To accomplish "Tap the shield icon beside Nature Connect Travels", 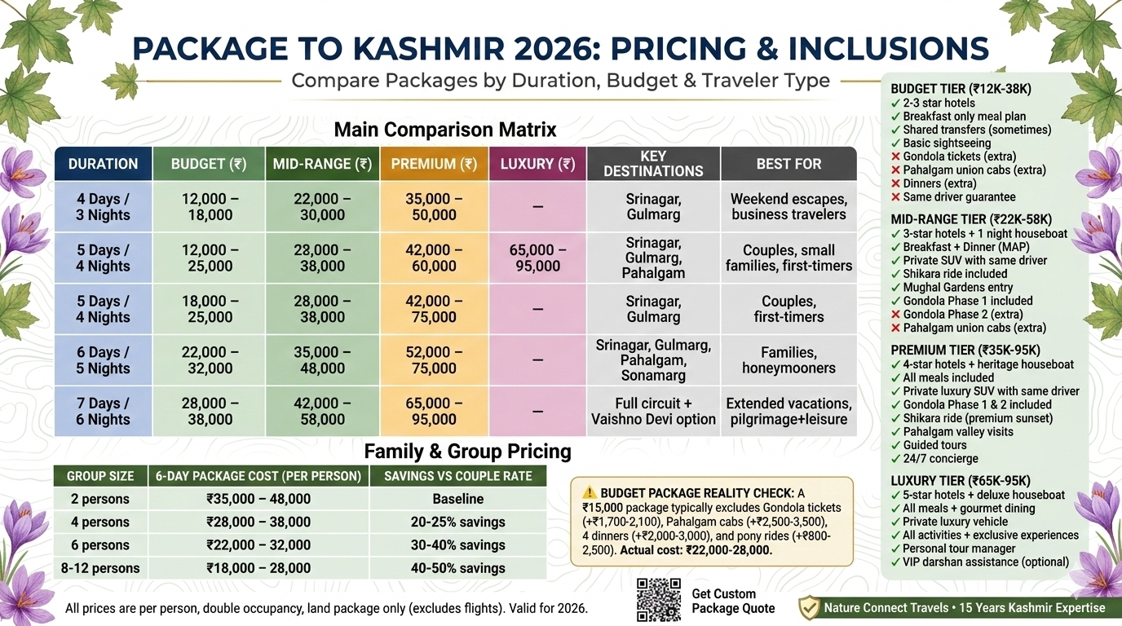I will pos(808,607).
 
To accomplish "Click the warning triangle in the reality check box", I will pos(590,492).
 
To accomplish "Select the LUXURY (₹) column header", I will pos(537,164).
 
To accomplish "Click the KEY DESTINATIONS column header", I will pos(653,164).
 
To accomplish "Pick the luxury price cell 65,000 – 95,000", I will pos(537,258).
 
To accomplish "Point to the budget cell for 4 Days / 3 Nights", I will pos(208,207).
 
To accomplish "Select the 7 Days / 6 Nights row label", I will pos(103,412).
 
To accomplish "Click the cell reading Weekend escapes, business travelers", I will pos(788,207).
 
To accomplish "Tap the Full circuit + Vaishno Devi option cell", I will pos(653,412).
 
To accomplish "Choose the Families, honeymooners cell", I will pos(788,360).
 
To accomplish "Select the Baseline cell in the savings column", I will pos(457,499).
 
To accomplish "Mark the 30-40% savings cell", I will pos(457,545).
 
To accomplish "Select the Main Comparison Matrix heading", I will pos(445,130).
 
